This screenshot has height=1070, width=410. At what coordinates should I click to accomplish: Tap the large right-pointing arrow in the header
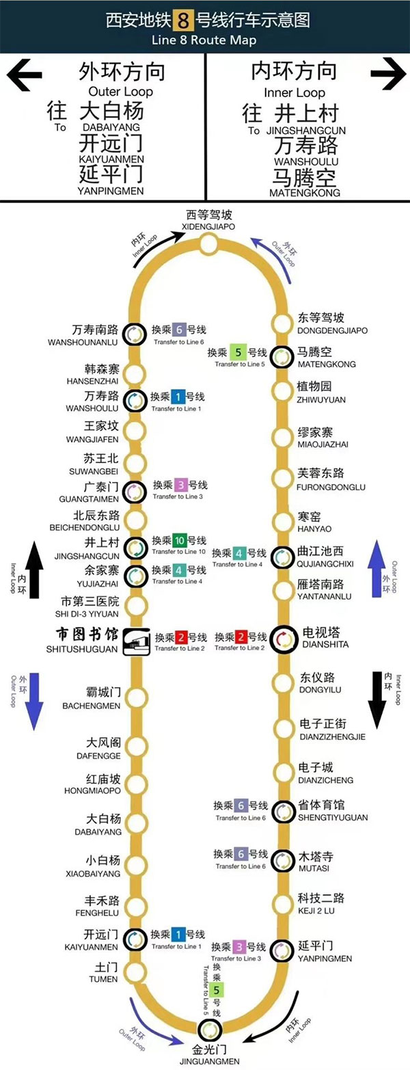click(x=387, y=75)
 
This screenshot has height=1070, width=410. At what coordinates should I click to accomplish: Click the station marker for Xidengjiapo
click(x=208, y=244)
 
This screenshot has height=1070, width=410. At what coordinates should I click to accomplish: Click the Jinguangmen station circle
click(x=209, y=1030)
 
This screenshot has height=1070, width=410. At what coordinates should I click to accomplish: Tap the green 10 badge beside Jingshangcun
click(x=179, y=540)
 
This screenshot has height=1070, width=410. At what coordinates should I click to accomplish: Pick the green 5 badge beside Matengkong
click(x=238, y=353)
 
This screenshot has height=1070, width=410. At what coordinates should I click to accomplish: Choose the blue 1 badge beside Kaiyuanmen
click(x=178, y=935)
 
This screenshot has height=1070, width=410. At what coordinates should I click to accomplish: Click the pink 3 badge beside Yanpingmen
click(x=238, y=947)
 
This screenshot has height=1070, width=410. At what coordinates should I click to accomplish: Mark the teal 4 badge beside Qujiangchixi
click(x=239, y=553)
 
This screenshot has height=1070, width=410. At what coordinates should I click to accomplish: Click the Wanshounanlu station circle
click(x=135, y=333)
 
